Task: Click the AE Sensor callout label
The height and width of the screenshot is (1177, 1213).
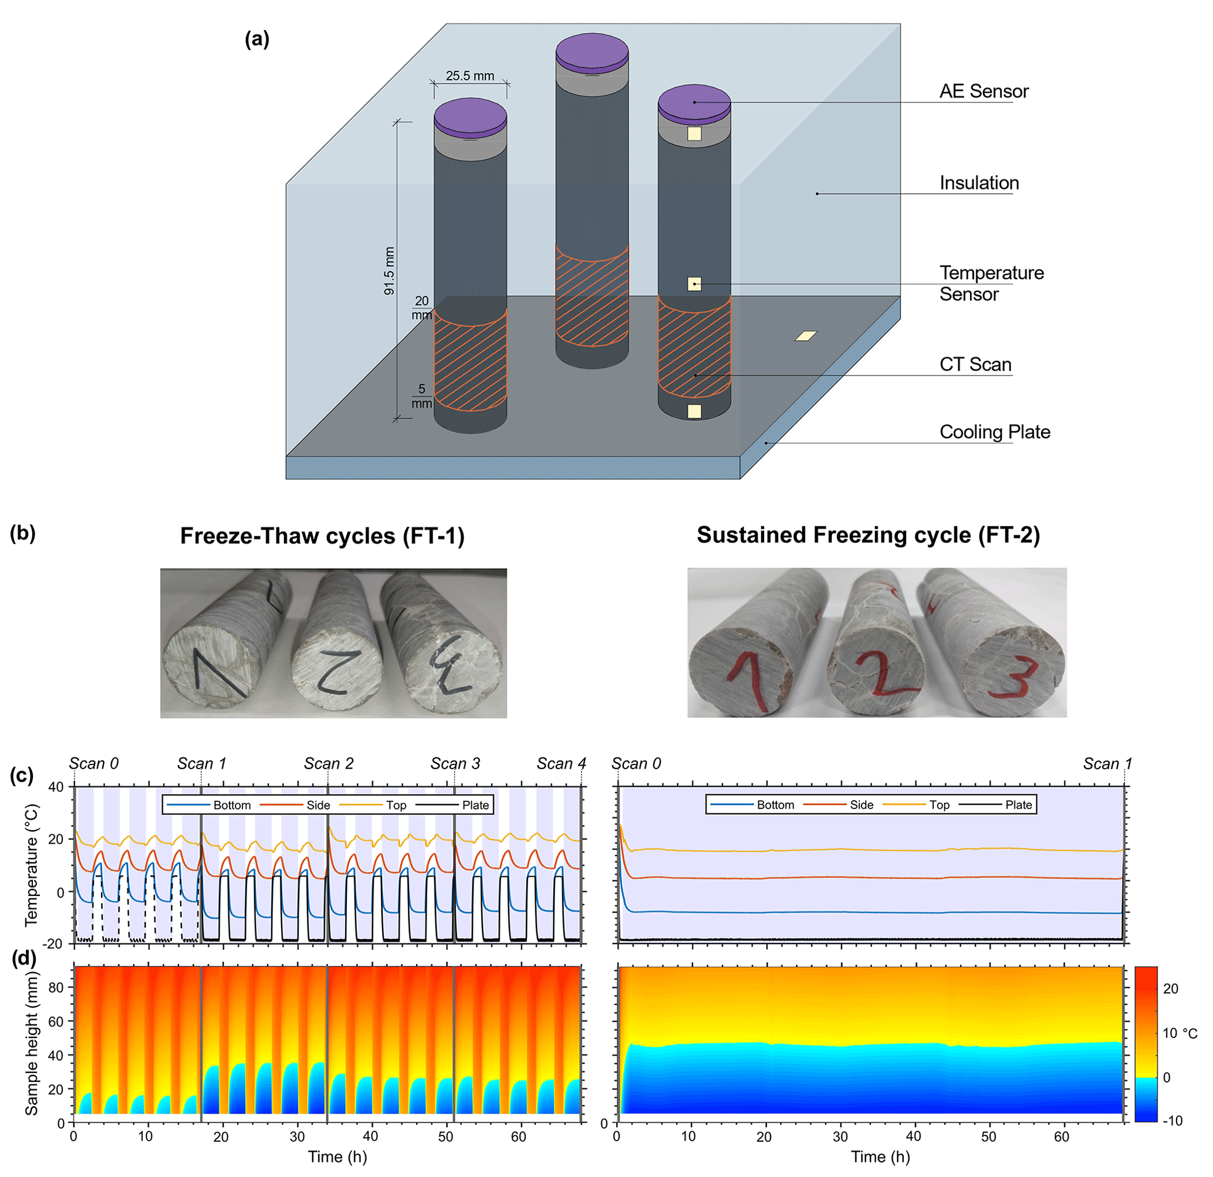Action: tap(984, 92)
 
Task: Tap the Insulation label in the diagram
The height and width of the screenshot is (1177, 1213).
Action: tap(979, 183)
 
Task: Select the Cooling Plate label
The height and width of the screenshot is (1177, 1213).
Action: tap(995, 432)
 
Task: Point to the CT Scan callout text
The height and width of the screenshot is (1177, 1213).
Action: tap(975, 364)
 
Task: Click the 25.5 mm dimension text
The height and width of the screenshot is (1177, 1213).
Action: tap(469, 76)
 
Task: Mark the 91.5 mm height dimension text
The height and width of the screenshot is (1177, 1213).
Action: tap(389, 271)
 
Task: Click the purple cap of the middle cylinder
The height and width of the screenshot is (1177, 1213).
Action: tap(592, 50)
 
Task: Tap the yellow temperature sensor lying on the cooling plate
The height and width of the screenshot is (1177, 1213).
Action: tap(806, 336)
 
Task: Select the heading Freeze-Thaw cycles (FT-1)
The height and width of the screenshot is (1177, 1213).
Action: tap(322, 536)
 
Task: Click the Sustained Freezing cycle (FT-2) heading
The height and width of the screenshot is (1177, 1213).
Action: tap(869, 535)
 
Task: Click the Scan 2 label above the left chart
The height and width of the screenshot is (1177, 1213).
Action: tap(329, 763)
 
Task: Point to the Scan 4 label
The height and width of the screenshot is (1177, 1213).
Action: tap(560, 763)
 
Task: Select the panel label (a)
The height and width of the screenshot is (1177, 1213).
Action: tap(257, 39)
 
